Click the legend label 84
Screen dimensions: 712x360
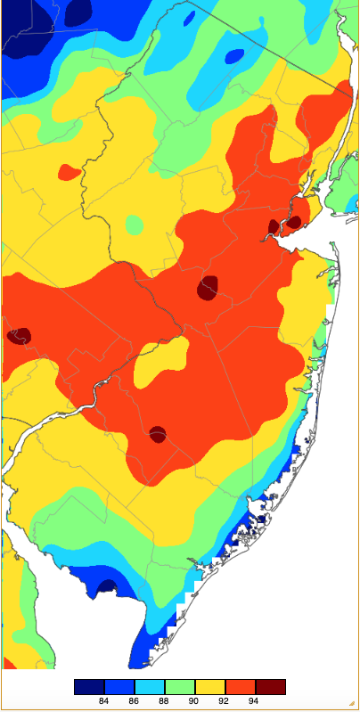point(103,701)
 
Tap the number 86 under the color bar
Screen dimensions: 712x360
point(134,701)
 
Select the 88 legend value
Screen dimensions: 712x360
point(164,701)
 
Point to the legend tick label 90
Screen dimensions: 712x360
point(194,701)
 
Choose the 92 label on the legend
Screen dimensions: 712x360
point(225,701)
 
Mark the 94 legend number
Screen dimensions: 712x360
point(255,701)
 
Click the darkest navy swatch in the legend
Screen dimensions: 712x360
point(88,687)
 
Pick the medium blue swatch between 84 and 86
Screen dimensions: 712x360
point(119,687)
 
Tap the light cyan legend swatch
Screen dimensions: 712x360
point(149,687)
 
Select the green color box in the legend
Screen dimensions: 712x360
point(179,687)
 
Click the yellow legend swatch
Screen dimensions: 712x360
point(209,687)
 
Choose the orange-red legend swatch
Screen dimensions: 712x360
point(240,687)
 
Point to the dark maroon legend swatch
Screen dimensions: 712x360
point(270,687)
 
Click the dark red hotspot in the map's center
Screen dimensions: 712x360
point(209,289)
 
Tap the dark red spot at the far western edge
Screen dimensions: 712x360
point(19,336)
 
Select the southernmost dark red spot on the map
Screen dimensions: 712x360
point(158,435)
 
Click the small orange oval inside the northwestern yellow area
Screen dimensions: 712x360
point(69,171)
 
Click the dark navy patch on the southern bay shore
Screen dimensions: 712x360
point(107,587)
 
